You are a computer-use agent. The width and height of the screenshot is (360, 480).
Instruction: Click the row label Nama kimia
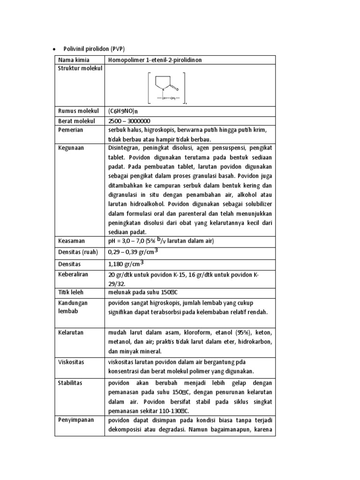pos(74,60)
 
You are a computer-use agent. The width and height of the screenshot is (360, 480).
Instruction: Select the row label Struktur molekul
pos(80,69)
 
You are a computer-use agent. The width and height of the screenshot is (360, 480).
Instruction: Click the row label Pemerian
pos(71,130)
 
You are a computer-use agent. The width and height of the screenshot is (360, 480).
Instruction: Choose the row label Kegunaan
pos(71,148)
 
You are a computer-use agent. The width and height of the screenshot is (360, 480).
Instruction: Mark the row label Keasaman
pos(72,241)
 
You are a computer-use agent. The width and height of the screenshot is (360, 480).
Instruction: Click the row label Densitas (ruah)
pos(78,252)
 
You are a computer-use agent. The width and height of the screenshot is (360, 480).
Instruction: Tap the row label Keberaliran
pos(73,274)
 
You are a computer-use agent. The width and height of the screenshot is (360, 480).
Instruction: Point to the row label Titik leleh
pos(71,292)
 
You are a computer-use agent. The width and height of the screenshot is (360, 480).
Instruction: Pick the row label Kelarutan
pos(71,332)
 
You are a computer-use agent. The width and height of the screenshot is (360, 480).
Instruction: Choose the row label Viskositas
pos(71,361)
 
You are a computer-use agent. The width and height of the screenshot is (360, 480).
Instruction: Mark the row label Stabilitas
pos(70,383)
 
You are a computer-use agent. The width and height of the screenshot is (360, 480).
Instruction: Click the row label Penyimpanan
pos(75,420)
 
